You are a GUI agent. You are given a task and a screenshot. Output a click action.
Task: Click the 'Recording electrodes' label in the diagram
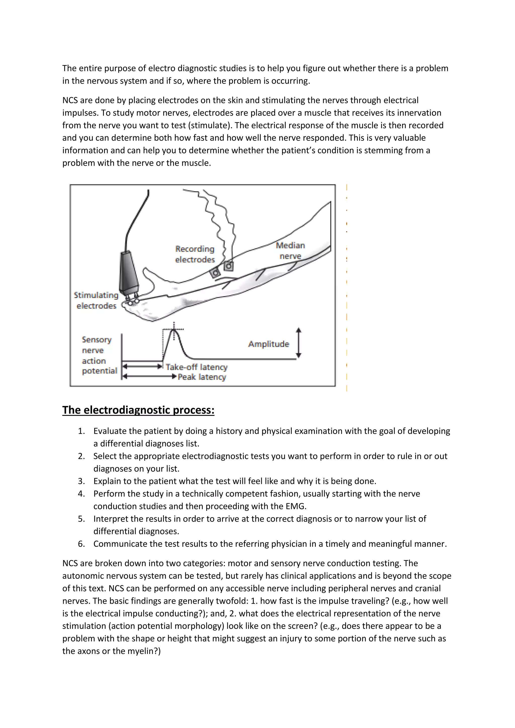(195, 254)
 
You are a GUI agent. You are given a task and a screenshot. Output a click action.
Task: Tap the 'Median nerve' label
(290, 250)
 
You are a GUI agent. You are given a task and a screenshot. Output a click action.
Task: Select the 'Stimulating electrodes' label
(96, 300)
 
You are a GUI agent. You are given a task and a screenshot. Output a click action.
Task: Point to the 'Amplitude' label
(269, 344)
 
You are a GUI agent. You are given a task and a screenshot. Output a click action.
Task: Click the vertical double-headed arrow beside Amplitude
(298, 343)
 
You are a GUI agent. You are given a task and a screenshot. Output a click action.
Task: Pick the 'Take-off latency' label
(197, 367)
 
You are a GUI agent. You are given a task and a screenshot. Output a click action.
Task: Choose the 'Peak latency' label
(202, 377)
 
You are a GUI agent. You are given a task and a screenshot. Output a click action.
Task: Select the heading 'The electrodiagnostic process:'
(138, 410)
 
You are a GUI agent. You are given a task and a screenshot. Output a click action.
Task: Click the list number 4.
(81, 494)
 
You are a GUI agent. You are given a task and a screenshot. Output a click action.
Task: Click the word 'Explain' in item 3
(107, 481)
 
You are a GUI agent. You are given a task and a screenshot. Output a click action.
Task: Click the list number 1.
(81, 431)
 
